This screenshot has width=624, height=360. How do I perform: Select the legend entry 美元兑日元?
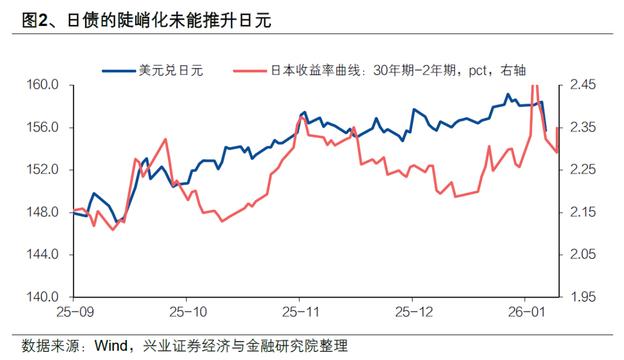[170, 70]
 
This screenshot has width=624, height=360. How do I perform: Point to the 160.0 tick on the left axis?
[44, 86]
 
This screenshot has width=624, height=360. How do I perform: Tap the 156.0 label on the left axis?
[44, 128]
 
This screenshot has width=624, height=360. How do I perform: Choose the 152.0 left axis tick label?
[44, 170]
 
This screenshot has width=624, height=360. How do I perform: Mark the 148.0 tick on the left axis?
[44, 213]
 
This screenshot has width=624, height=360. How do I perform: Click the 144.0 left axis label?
[44, 255]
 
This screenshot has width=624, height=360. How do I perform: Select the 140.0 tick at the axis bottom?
[44, 297]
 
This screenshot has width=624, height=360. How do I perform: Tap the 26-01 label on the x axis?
[524, 313]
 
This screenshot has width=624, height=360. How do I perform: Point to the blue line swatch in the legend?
[119, 70]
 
